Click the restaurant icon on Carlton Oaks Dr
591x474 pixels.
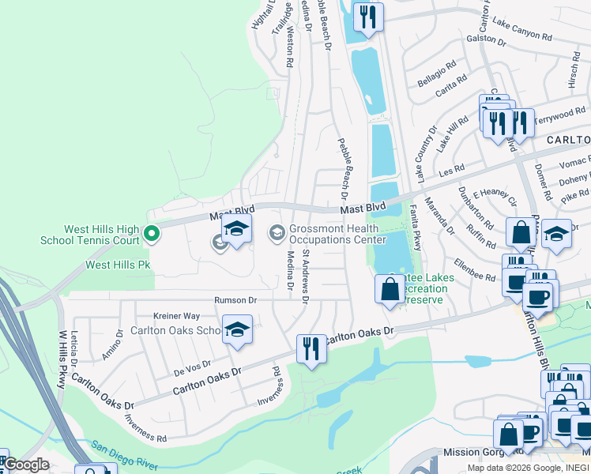[311, 348]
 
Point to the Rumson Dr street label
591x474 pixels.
[235, 300]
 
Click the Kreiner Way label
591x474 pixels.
[175, 315]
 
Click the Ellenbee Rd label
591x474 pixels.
[474, 269]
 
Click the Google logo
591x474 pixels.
[25, 465]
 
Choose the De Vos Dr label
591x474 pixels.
[192, 367]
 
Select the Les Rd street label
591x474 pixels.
[452, 170]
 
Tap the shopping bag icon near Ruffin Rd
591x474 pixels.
[521, 233]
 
